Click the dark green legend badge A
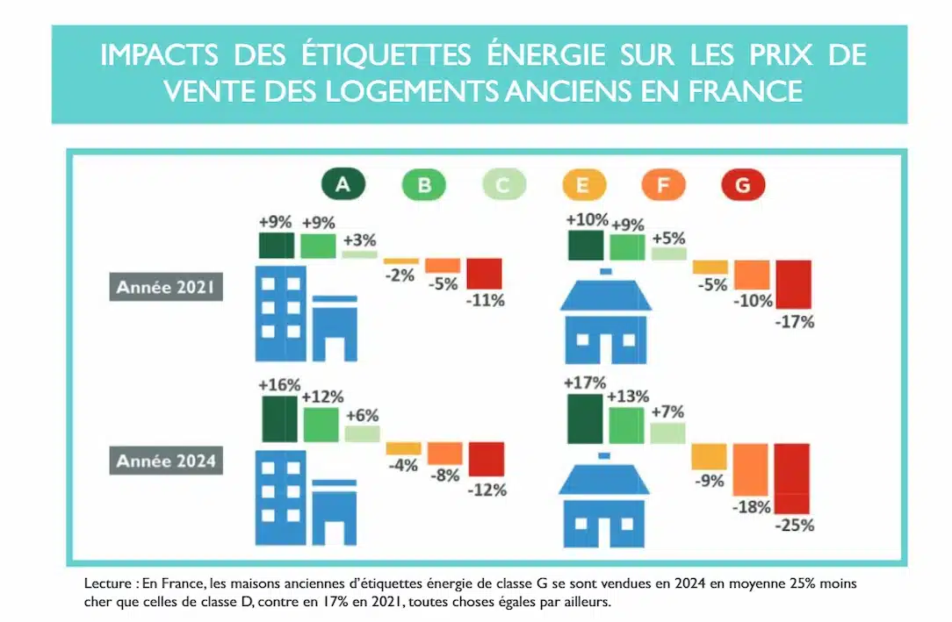pyautogui.click(x=343, y=185)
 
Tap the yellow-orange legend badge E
pyautogui.click(x=584, y=185)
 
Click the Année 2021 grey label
pyautogui.click(x=166, y=287)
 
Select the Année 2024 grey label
pyautogui.click(x=166, y=461)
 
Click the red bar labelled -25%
pyautogui.click(x=791, y=478)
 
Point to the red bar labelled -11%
pyautogui.click(x=484, y=273)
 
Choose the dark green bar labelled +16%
pyautogui.click(x=279, y=418)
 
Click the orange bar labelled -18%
pyautogui.click(x=751, y=469)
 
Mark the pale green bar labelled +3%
pyautogui.click(x=358, y=254)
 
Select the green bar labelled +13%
pyautogui.click(x=626, y=425)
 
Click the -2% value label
pyautogui.click(x=401, y=275)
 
